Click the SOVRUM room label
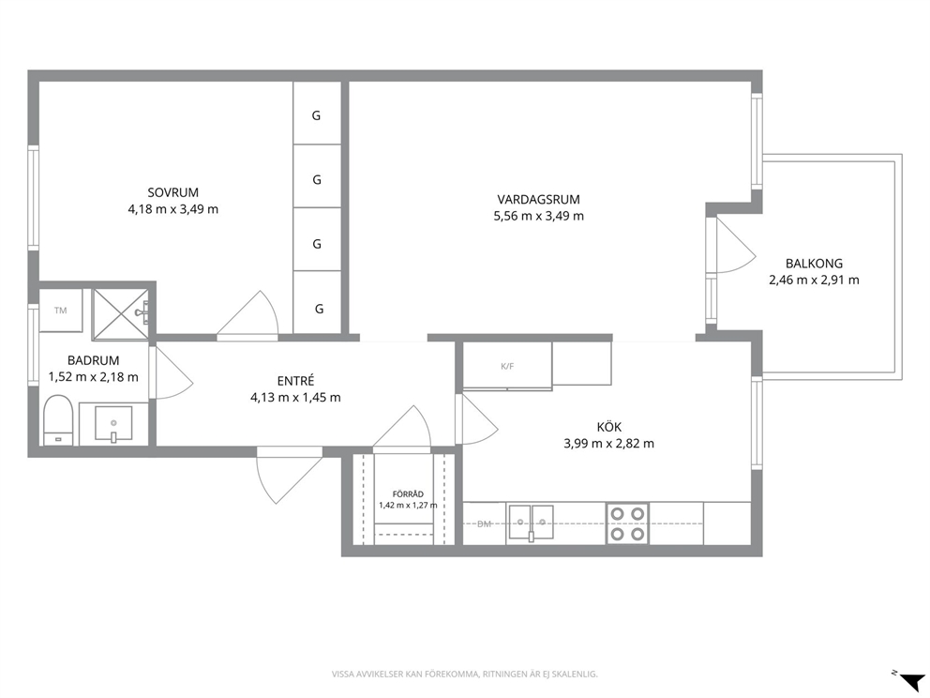click(173, 192)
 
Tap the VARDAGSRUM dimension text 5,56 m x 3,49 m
click(538, 216)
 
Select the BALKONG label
click(814, 263)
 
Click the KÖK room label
click(609, 427)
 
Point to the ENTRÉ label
click(295, 381)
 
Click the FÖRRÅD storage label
click(408, 494)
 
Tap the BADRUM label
click(93, 360)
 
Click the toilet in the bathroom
click(58, 419)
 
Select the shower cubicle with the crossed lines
click(120, 314)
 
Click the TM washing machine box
click(61, 311)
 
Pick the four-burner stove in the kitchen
click(627, 523)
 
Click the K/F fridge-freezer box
click(507, 366)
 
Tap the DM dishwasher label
click(485, 524)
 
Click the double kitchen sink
click(531, 523)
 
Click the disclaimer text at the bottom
click(464, 675)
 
